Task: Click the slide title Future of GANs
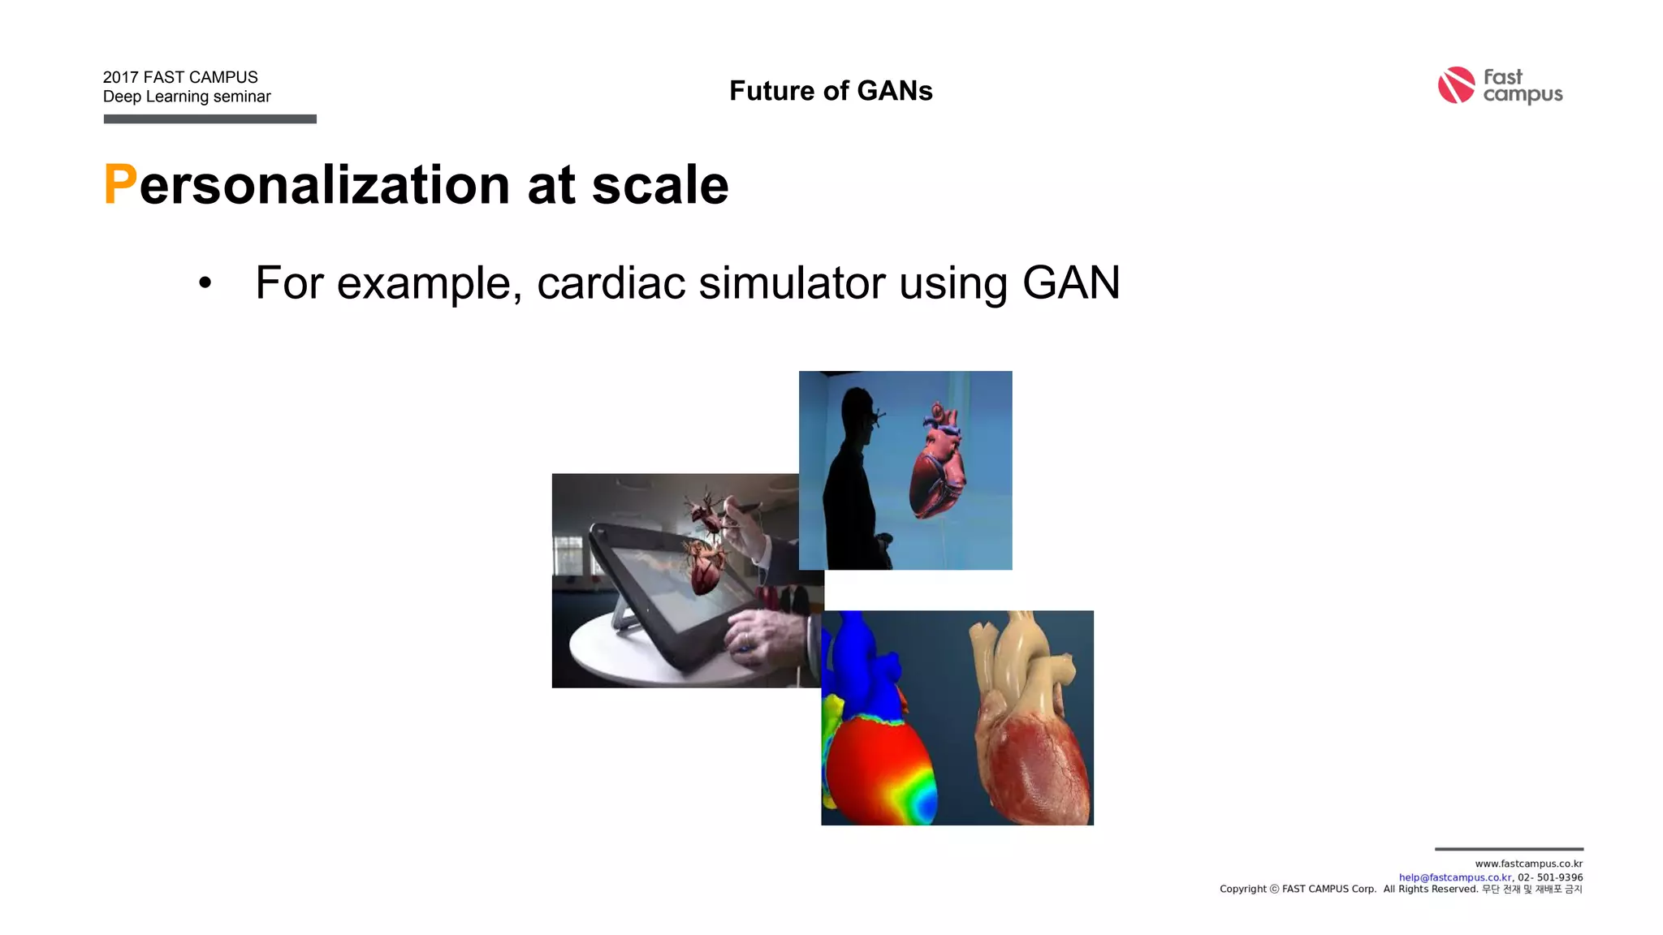click(831, 91)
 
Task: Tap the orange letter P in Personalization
click(120, 185)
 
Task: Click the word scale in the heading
click(659, 185)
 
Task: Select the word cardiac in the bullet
click(611, 282)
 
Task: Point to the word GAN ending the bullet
click(1070, 282)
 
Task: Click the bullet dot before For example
click(205, 283)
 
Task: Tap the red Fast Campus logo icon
click(1456, 85)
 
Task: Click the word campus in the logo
click(1523, 95)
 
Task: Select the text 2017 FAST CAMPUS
click(180, 77)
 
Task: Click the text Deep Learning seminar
click(187, 97)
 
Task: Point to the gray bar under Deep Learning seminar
click(209, 119)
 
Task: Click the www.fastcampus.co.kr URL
click(1528, 864)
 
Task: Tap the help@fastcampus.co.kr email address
click(1454, 877)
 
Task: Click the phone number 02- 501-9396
click(1550, 877)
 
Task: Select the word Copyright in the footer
click(1242, 890)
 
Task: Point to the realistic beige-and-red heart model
click(1031, 722)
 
